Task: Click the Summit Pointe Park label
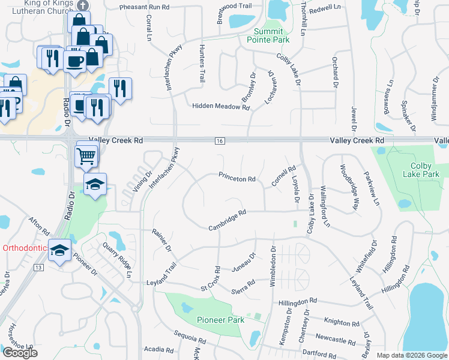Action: point(268,35)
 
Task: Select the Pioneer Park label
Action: point(220,320)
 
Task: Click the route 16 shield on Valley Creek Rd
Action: point(220,140)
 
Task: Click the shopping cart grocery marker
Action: point(86,157)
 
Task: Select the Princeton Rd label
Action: point(237,178)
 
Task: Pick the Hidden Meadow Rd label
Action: point(220,106)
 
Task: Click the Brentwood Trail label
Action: point(236,6)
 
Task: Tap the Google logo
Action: point(20,353)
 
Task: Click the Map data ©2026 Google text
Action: point(411,355)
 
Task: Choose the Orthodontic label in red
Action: point(23,248)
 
